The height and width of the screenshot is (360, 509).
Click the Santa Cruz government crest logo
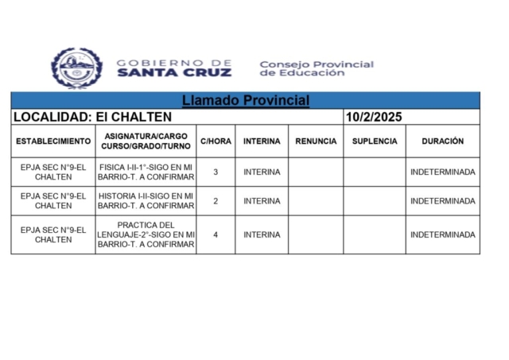click(77, 68)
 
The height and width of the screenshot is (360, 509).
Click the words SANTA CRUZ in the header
click(174, 72)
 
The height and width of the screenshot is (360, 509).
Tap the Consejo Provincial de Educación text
click(316, 68)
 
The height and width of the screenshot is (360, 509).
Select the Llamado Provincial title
click(245, 101)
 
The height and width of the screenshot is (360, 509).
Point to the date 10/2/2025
click(374, 117)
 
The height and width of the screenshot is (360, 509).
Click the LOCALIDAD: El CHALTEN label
click(93, 117)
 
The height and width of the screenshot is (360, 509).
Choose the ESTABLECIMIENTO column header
click(53, 141)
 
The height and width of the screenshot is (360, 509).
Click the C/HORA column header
click(216, 141)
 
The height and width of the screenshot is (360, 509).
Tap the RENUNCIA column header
click(316, 141)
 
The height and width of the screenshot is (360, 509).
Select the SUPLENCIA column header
click(374, 141)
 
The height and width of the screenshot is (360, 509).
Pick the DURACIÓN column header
click(442, 141)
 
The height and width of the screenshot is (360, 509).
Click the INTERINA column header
click(262, 141)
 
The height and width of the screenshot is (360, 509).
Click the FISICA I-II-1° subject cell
click(146, 172)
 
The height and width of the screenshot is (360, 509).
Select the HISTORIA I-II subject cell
click(146, 201)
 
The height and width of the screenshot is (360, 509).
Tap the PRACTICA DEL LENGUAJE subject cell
click(146, 234)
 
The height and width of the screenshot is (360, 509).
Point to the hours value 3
click(216, 172)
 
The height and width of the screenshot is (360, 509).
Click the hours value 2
click(216, 201)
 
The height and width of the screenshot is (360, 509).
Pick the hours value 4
click(216, 234)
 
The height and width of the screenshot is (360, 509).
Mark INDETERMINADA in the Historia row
click(442, 201)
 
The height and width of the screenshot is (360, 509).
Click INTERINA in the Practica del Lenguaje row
click(262, 234)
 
